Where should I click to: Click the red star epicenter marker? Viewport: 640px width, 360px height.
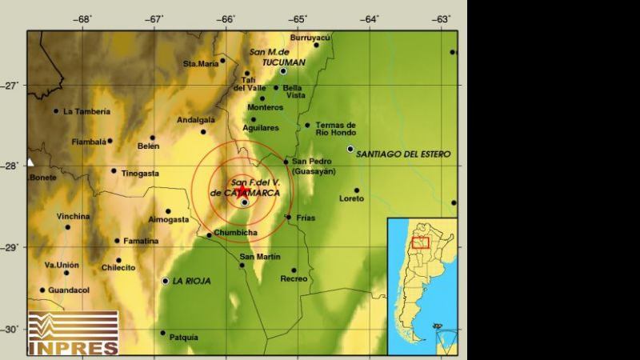point(242,190)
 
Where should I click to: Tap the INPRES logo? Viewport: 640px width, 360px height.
point(73,332)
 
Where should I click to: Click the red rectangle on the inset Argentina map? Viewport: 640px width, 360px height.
point(421,242)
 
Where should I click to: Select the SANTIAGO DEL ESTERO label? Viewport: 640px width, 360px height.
point(403,154)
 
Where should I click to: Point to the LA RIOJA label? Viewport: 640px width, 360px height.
point(194,281)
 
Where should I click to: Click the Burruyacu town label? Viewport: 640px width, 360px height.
point(310,38)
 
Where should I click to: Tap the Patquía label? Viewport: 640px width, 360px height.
point(184,338)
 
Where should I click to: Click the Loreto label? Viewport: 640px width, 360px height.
point(352,198)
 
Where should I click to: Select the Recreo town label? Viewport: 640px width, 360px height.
point(294,278)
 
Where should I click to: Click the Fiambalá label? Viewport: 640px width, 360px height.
point(89,142)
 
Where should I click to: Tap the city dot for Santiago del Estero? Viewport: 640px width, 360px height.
point(350,148)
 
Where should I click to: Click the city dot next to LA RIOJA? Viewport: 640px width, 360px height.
point(166,281)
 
